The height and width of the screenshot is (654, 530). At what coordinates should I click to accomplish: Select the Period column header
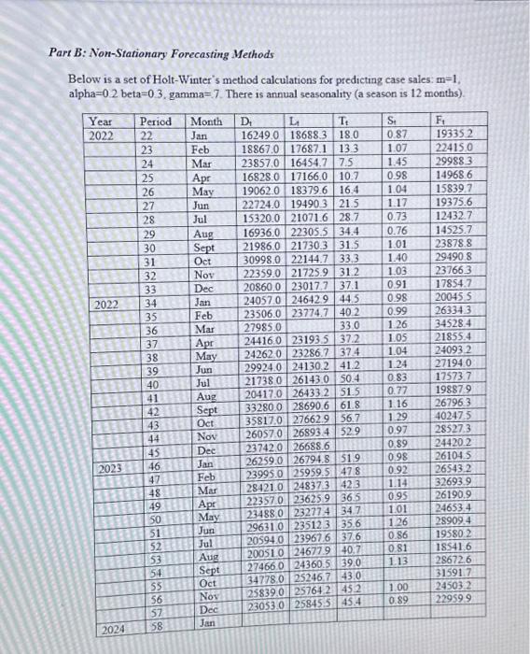coord(155,121)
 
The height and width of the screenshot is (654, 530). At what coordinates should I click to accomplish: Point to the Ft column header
coord(441,121)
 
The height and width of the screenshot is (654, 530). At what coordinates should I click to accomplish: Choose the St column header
coord(391,121)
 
